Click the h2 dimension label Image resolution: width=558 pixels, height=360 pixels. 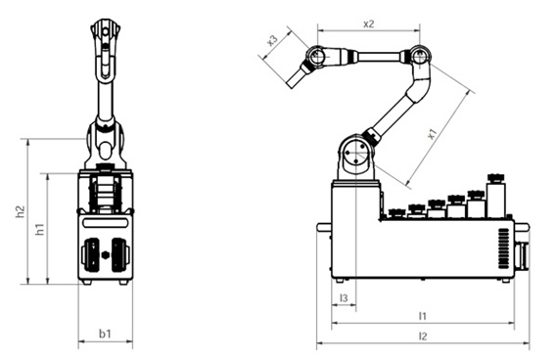(x=20, y=211)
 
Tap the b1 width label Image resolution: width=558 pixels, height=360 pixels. (x=105, y=334)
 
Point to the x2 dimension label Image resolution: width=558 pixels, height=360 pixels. (x=369, y=22)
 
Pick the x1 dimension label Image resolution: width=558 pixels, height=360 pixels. (x=432, y=133)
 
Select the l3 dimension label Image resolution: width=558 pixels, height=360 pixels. (x=343, y=296)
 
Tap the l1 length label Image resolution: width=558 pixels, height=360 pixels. (x=422, y=315)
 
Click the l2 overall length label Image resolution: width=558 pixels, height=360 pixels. (x=422, y=336)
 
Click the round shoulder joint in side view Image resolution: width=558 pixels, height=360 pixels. (x=355, y=153)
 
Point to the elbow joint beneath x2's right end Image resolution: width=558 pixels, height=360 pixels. (x=420, y=57)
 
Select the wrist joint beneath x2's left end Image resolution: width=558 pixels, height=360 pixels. (x=316, y=58)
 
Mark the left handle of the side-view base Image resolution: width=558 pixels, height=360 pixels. (x=323, y=229)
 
